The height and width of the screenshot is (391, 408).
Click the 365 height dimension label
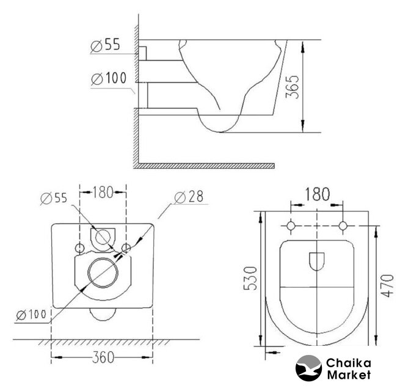pos(292,87)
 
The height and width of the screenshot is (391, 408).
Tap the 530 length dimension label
pos(250,278)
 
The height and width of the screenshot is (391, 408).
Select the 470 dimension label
pos(387,285)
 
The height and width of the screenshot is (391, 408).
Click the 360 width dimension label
pos(103,357)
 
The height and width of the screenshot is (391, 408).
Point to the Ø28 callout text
pos(189,197)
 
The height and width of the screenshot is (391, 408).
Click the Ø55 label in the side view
pos(106,45)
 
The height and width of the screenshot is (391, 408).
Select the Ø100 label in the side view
pos(109,78)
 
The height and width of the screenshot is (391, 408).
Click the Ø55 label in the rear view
pos(54,199)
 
